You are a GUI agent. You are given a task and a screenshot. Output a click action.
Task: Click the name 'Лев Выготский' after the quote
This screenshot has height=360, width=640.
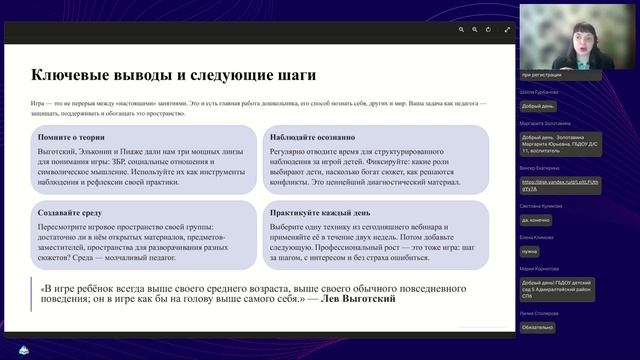358,298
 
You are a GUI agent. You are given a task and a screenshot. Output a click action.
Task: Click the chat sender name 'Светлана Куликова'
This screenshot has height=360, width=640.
540,204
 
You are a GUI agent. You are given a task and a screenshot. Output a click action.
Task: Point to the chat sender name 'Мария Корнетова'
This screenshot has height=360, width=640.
540,268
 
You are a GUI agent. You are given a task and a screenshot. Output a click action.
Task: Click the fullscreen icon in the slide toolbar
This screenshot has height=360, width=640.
508,30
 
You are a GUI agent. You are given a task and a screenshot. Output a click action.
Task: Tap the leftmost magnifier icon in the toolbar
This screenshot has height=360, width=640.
461,30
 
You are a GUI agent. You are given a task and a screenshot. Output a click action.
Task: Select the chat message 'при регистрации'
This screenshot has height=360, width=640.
542,75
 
